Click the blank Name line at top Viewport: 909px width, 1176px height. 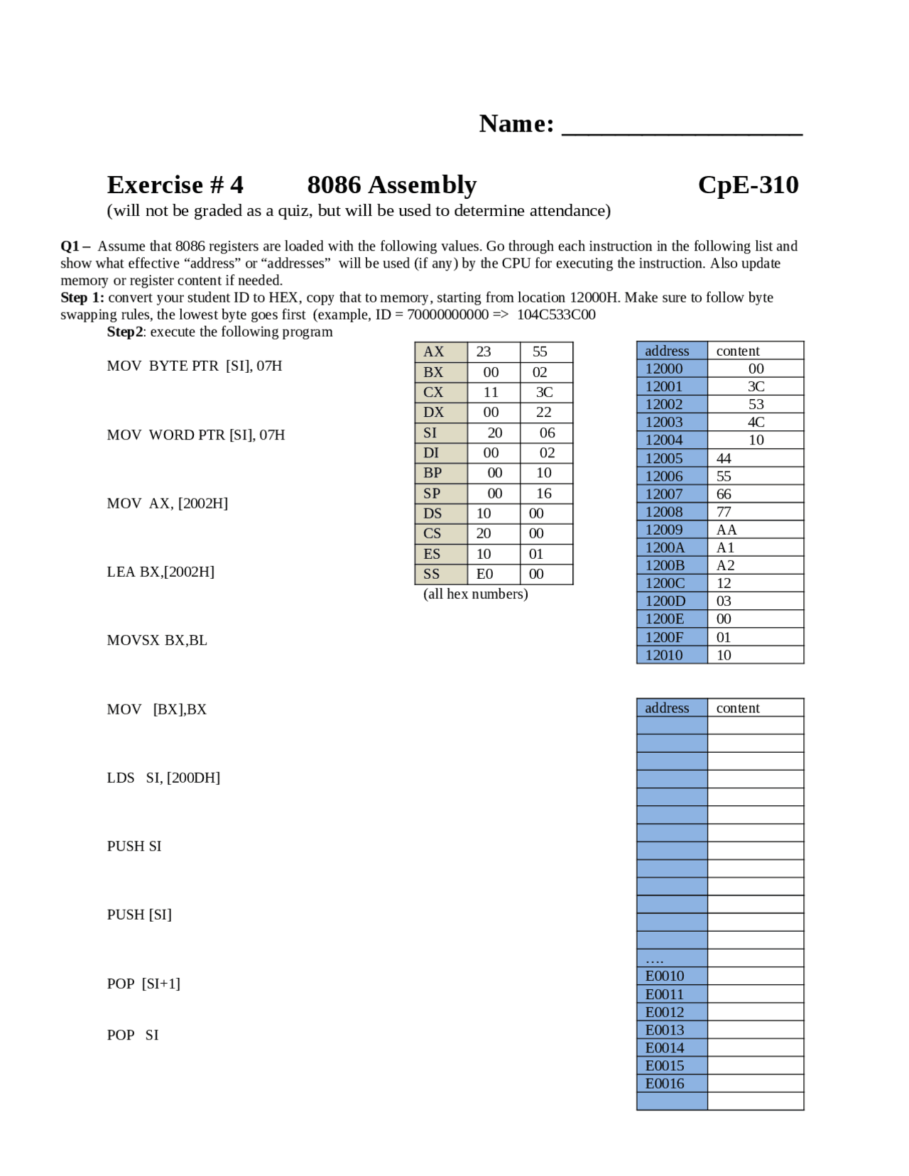(682, 128)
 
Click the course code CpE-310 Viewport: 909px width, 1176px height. (748, 185)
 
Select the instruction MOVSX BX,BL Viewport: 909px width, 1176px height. (157, 640)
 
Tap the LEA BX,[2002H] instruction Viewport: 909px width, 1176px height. (160, 572)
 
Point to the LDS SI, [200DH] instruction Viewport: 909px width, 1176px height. (163, 778)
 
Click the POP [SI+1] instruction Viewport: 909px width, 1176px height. (143, 984)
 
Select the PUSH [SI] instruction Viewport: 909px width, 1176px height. (139, 915)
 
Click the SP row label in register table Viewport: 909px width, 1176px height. (432, 493)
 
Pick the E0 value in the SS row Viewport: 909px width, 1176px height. (485, 574)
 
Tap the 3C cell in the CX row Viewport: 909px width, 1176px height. (544, 392)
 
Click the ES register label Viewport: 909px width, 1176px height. (432, 554)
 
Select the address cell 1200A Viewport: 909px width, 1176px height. (665, 548)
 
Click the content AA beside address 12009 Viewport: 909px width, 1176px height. (726, 530)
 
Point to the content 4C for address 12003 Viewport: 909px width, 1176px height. (756, 422)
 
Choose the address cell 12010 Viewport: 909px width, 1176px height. (664, 655)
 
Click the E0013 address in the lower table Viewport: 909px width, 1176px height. (665, 1030)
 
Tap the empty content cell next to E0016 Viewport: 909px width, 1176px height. (756, 1083)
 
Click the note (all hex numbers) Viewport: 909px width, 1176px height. (475, 594)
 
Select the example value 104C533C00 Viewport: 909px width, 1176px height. (556, 315)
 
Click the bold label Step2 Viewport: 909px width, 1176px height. (125, 332)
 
